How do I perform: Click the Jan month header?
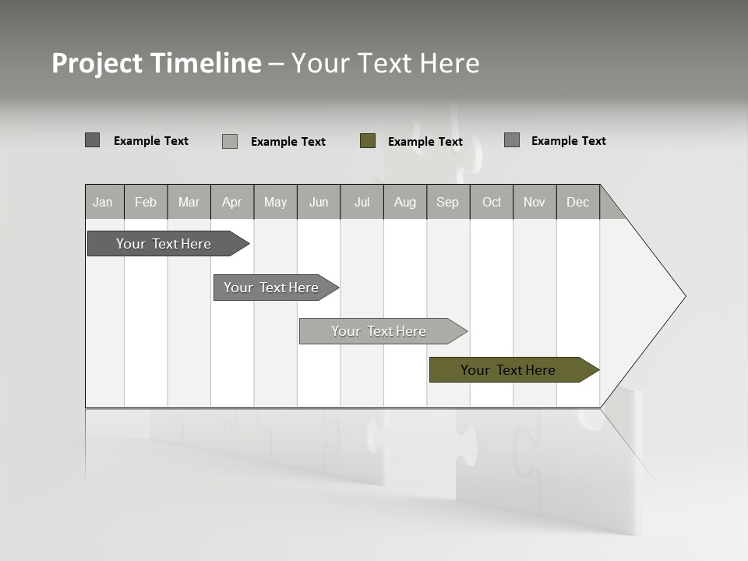(x=104, y=202)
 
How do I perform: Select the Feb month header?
(x=146, y=202)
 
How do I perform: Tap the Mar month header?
(x=189, y=202)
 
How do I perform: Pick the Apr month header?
(x=232, y=202)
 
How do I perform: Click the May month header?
(x=275, y=202)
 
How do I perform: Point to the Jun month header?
(x=319, y=202)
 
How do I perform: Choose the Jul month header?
(x=362, y=202)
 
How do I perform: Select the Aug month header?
(x=405, y=202)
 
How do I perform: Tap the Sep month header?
(x=448, y=202)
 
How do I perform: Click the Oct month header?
(x=492, y=202)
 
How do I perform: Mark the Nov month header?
(x=535, y=202)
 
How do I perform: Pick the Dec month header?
(x=578, y=202)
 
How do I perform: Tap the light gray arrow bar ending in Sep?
(x=379, y=331)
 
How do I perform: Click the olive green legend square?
(x=368, y=141)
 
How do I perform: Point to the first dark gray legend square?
(x=93, y=140)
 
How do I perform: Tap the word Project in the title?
(x=97, y=64)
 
